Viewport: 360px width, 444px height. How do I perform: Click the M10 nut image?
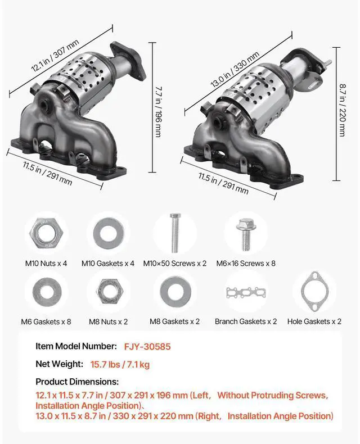click(x=46, y=234)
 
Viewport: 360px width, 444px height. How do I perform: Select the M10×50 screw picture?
click(x=175, y=233)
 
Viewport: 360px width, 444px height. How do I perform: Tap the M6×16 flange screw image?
click(x=246, y=234)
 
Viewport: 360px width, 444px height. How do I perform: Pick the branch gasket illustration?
click(x=246, y=293)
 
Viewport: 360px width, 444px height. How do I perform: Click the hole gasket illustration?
click(x=314, y=291)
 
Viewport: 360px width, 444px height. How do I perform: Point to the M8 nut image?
click(x=109, y=291)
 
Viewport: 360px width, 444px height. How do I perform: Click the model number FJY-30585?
click(x=147, y=347)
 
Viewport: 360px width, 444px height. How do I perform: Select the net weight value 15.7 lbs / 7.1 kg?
click(x=120, y=364)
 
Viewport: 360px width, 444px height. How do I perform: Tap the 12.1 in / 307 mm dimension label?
click(x=55, y=56)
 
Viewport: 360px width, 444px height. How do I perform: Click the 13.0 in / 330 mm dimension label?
click(x=235, y=69)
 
